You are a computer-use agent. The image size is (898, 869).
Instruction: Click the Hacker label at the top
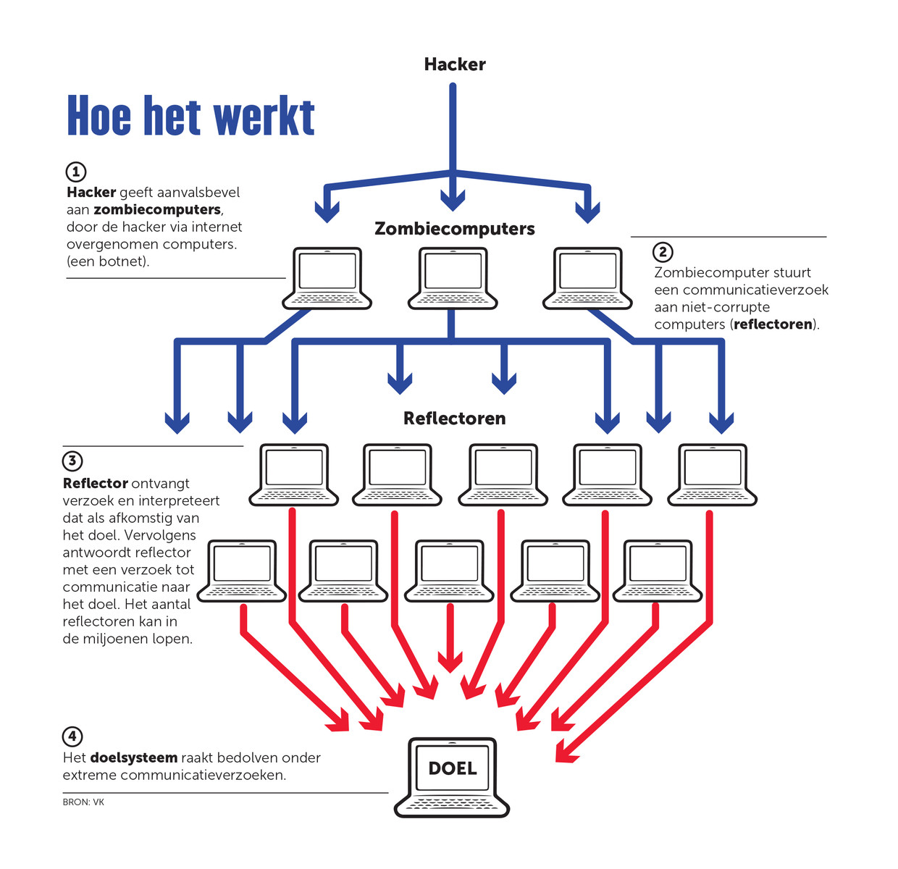click(x=455, y=64)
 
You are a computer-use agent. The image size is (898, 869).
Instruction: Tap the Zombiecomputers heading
click(x=455, y=229)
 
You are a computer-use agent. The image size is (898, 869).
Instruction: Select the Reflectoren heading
click(x=454, y=419)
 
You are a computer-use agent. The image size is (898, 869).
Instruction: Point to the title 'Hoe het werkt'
click(x=190, y=117)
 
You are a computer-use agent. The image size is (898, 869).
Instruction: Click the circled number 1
click(x=76, y=172)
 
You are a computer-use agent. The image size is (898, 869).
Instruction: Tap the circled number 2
click(x=663, y=252)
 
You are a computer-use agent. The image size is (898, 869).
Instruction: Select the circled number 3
click(x=72, y=461)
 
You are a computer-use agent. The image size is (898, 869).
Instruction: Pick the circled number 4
click(x=72, y=736)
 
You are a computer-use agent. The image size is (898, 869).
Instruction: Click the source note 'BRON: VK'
click(x=83, y=802)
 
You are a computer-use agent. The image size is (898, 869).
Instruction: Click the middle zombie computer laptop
click(x=453, y=278)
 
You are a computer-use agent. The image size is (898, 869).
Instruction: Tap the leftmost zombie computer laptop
click(x=327, y=278)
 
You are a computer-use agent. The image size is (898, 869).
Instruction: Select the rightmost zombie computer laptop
click(x=587, y=278)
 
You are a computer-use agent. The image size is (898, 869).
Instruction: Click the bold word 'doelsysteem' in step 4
click(x=134, y=758)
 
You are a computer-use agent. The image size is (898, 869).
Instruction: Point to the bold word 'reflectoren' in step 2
click(x=773, y=324)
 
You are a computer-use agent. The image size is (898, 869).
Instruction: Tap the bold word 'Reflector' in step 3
click(x=96, y=484)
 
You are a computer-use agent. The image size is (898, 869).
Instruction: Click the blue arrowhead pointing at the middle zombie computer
click(x=453, y=199)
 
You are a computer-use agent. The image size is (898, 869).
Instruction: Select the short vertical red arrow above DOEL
click(x=450, y=637)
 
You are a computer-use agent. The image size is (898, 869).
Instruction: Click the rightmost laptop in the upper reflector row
click(x=712, y=474)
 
